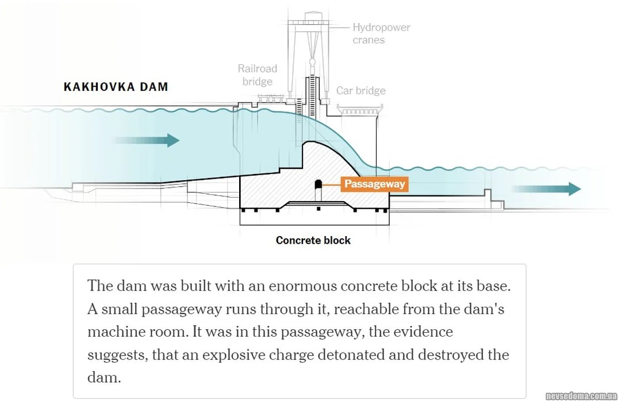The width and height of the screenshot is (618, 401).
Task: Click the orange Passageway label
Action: pos(374,184)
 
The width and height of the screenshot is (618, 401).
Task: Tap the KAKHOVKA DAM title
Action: pos(116,87)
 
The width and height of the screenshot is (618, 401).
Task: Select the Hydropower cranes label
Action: pos(381,33)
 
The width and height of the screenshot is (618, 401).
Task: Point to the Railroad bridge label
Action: pos(257,75)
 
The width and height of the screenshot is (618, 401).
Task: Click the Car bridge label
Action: pos(360,91)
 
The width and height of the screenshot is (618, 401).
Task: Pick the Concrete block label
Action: pos(313,240)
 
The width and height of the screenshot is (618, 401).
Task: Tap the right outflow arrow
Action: pos(546,189)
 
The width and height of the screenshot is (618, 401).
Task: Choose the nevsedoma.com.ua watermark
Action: pos(581,395)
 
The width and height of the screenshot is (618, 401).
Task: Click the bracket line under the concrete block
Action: pos(314,225)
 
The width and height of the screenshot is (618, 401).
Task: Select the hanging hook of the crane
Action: pos(313,60)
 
